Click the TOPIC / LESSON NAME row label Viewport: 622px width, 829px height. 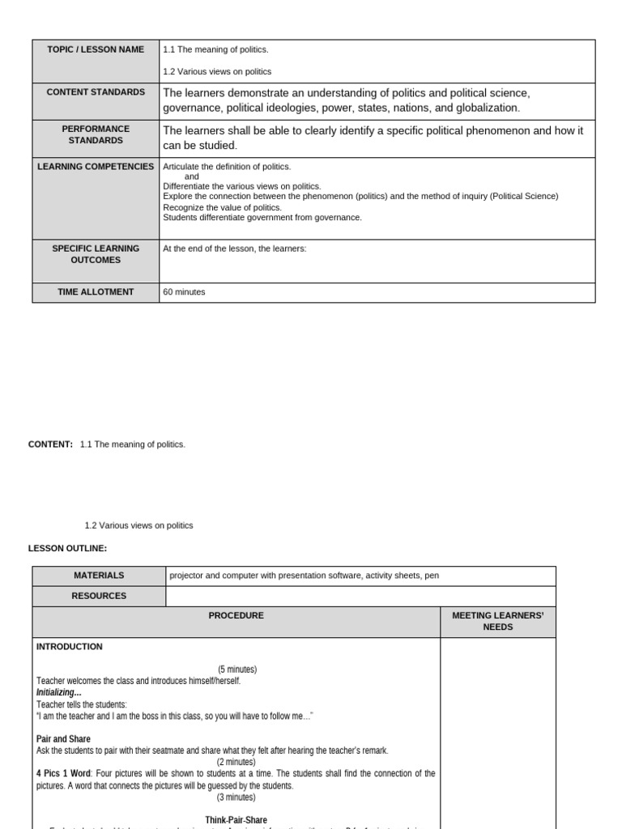tap(96, 49)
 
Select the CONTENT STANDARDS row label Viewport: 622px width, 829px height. tap(96, 92)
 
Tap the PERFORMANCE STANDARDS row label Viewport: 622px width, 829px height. tap(96, 134)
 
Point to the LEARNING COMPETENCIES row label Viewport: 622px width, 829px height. tap(96, 167)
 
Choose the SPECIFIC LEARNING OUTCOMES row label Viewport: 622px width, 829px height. tap(96, 254)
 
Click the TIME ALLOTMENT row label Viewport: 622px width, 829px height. tap(96, 292)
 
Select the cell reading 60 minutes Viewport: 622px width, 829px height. tap(185, 292)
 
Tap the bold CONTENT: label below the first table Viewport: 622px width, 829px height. tap(50, 444)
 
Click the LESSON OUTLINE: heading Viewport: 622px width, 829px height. tap(67, 549)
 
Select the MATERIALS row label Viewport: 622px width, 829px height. tap(99, 576)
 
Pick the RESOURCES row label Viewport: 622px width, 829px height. tap(99, 596)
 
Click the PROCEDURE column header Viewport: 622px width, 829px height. tap(236, 616)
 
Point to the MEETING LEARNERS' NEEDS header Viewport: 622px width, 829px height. tap(497, 622)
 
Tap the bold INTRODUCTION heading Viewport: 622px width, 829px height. tap(70, 647)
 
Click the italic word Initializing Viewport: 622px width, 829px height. tap(59, 693)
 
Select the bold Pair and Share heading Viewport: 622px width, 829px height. tap(63, 739)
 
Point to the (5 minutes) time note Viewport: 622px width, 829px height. tap(236, 670)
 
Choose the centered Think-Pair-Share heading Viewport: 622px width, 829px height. tap(236, 820)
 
